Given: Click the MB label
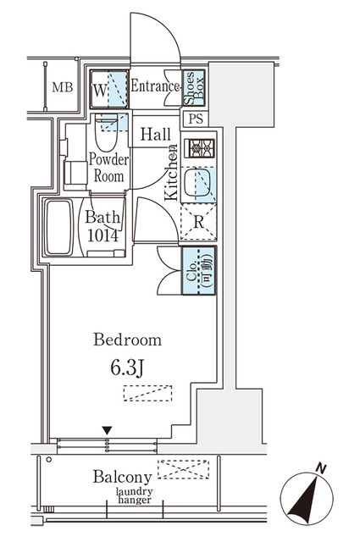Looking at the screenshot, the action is (63, 87).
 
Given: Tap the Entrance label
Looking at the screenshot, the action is (154, 86).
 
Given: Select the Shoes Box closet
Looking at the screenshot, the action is (194, 88).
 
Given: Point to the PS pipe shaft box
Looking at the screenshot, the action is (196, 119).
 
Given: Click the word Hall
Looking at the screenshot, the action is (155, 134).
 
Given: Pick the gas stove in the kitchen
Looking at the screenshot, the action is (199, 148).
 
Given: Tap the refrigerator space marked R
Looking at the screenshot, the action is (198, 222).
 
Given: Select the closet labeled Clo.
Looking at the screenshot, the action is (199, 271).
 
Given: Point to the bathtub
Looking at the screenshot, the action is (59, 227).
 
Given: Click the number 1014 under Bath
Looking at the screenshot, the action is (103, 235).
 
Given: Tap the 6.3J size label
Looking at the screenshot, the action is (126, 368).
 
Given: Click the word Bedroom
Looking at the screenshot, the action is (127, 340).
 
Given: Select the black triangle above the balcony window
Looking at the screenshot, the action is (108, 431).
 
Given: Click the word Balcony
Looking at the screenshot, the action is (123, 478).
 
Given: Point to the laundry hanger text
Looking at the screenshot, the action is (134, 495).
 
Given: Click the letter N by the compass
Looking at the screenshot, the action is (322, 468).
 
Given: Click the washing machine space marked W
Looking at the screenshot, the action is (109, 90).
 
